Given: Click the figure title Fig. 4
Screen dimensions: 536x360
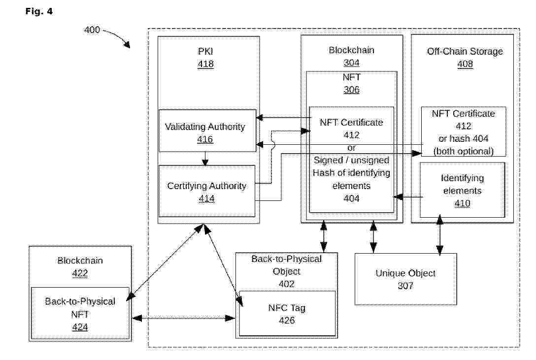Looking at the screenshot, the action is click(x=39, y=11).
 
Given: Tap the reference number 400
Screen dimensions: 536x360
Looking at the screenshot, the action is click(x=92, y=30).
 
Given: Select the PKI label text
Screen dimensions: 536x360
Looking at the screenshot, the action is click(x=205, y=51).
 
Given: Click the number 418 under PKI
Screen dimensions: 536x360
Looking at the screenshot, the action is click(x=205, y=64).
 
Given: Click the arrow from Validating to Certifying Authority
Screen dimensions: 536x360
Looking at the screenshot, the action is click(x=205, y=159).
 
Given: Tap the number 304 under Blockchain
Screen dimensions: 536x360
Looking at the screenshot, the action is click(x=351, y=63).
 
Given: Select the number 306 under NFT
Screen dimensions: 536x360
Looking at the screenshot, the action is click(x=351, y=90).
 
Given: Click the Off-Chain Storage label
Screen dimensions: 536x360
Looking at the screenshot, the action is click(x=465, y=51).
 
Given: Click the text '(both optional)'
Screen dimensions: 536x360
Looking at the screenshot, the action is click(x=463, y=151).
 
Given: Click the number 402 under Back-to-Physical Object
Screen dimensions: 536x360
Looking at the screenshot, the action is click(x=286, y=284).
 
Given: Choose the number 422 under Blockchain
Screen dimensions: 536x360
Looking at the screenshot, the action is click(x=80, y=273).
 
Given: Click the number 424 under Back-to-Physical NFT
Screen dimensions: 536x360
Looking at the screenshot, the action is click(x=80, y=327).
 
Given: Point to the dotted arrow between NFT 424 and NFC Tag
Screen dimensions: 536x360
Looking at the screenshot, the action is click(x=184, y=318).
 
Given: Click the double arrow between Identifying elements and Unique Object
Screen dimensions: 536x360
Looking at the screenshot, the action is click(x=439, y=235).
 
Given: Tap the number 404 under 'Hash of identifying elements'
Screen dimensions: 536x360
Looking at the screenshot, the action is click(x=351, y=198).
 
